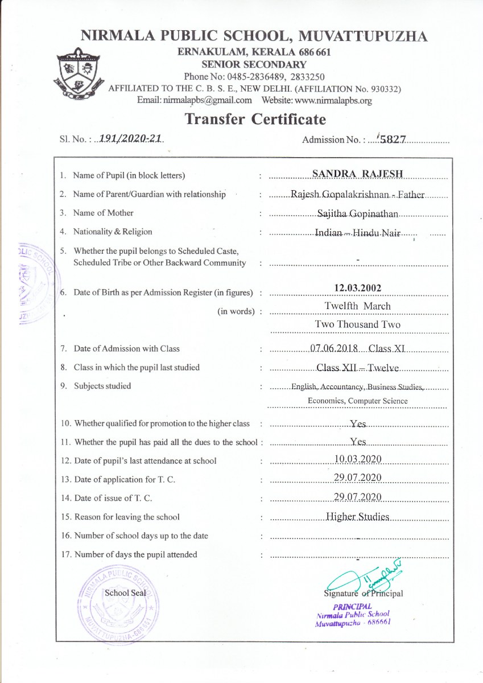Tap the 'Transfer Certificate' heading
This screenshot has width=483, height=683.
coord(255,120)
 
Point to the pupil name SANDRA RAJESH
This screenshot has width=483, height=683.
coord(357,174)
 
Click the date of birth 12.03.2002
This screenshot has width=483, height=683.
coord(358,288)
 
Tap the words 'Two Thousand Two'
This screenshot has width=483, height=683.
coord(358,324)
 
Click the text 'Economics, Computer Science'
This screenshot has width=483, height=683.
coord(357,401)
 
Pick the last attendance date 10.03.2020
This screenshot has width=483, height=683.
coord(358,459)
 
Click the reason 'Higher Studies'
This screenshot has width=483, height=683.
coord(357,517)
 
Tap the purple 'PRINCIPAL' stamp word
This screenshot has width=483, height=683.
coord(353,607)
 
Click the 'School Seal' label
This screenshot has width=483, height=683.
coord(125,593)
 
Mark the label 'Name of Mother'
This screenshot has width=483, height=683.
coord(104,213)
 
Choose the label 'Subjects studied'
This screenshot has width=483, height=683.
coord(102,386)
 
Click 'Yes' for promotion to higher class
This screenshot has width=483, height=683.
coord(358,424)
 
